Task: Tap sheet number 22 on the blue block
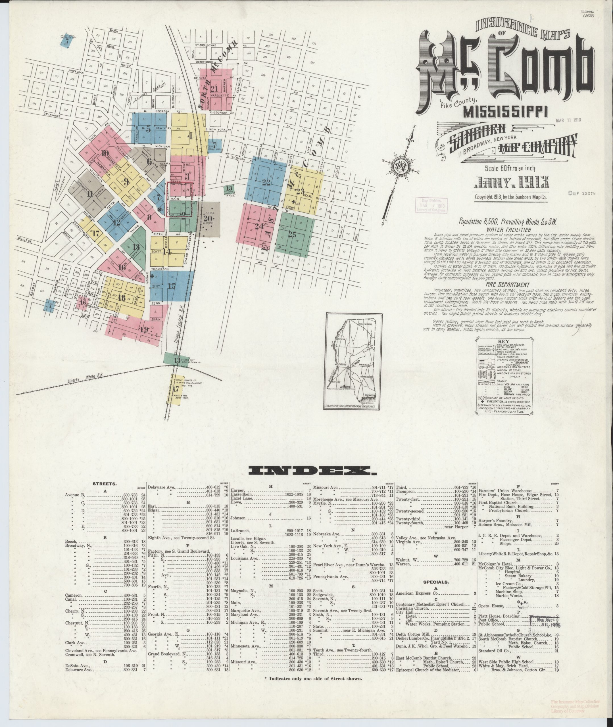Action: (266, 183)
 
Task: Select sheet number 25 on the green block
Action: (292, 235)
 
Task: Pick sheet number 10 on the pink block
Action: (105, 154)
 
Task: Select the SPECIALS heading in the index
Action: (436, 582)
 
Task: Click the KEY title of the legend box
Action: (503, 341)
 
